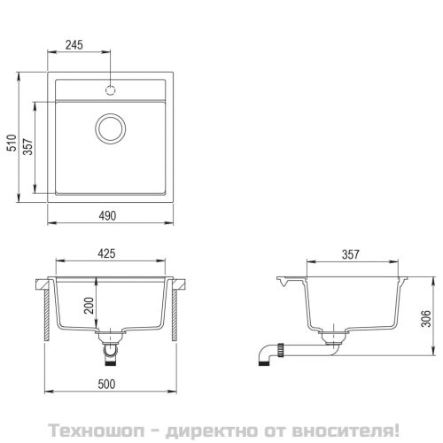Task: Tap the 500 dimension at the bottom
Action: pos(111,386)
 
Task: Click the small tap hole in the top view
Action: pos(111,89)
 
